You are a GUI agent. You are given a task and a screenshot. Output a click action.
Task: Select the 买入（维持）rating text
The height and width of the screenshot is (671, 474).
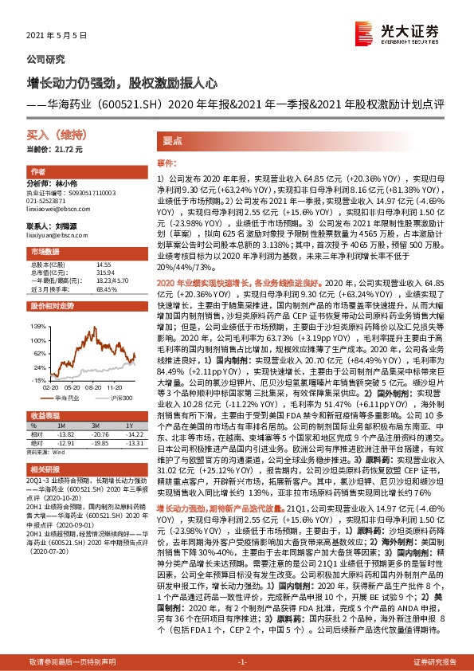49,136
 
